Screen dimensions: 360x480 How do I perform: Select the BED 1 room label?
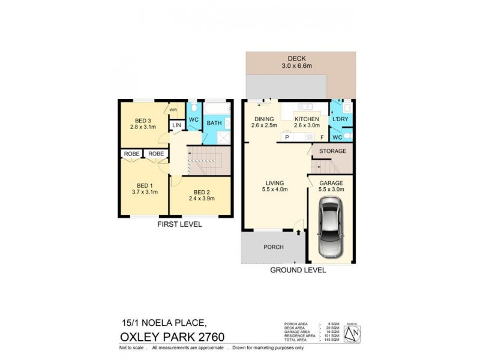coord(142,185)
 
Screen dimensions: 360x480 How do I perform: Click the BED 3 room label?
coord(142,119)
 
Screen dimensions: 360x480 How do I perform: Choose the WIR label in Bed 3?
coord(173,110)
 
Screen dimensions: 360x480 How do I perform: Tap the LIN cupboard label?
coord(176,125)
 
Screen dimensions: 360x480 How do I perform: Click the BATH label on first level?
coord(214,123)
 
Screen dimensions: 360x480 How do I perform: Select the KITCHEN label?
coord(307,119)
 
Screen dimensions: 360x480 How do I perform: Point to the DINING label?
coord(263,119)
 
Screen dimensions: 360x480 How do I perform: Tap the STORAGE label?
coord(332,151)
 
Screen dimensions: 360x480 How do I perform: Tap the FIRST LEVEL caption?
coord(179,224)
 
